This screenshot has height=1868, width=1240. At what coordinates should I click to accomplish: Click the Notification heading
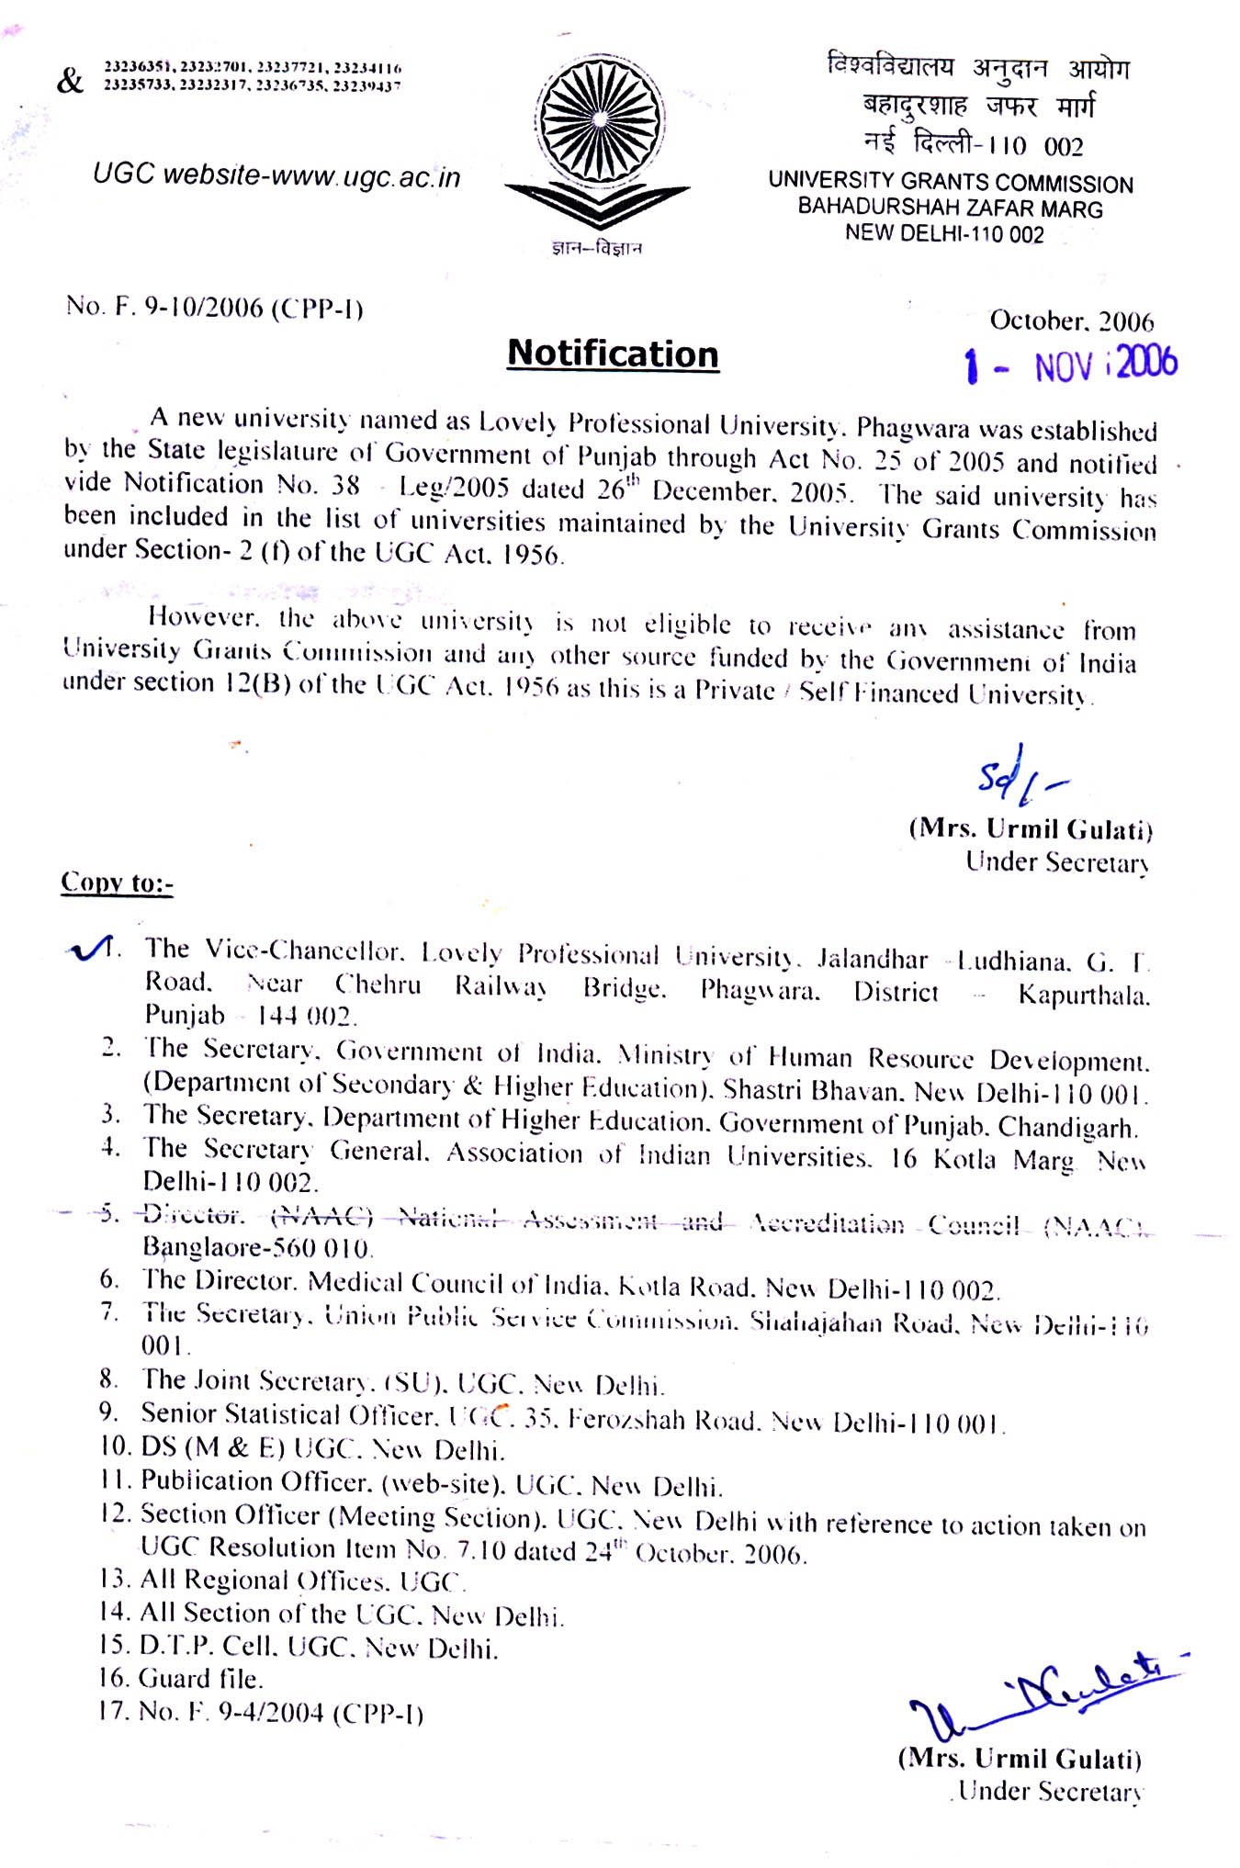coord(613,354)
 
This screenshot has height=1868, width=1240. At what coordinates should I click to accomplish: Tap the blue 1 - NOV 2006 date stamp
coord(1071,366)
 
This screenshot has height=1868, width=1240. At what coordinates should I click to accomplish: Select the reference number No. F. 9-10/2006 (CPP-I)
coord(215,308)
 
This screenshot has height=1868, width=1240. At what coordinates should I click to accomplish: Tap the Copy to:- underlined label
coord(117,883)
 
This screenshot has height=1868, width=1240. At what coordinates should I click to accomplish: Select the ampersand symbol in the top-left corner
coord(70,83)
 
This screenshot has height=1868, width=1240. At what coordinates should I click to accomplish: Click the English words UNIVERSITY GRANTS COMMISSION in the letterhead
coord(951,183)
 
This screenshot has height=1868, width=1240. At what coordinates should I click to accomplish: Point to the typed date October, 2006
coord(1071,321)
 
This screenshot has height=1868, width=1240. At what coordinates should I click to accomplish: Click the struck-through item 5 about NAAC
coord(625,1221)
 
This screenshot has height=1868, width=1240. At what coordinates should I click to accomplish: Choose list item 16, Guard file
coord(181,1679)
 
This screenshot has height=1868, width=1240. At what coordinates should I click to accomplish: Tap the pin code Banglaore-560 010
coord(256,1248)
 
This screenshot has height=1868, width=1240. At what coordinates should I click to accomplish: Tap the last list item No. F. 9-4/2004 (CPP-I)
coord(261,1712)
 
